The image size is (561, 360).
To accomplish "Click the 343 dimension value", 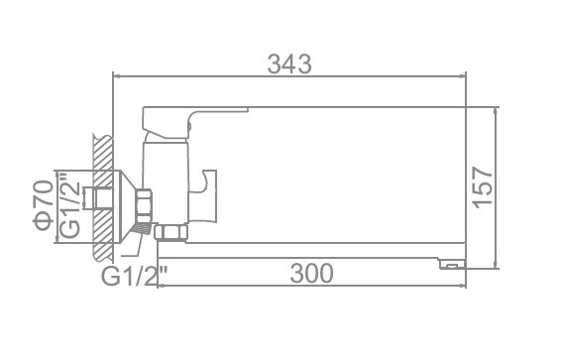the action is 289,64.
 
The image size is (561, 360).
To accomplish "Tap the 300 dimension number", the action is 311,274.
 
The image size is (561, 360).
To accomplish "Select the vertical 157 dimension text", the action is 483,187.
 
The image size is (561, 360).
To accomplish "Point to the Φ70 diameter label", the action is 44,205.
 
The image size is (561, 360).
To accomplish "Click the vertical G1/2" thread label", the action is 70,205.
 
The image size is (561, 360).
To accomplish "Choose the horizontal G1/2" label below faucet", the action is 135,275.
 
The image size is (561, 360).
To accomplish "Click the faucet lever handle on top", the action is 195,122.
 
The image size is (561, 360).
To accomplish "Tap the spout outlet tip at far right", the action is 453,264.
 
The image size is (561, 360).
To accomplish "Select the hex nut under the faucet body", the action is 171,232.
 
